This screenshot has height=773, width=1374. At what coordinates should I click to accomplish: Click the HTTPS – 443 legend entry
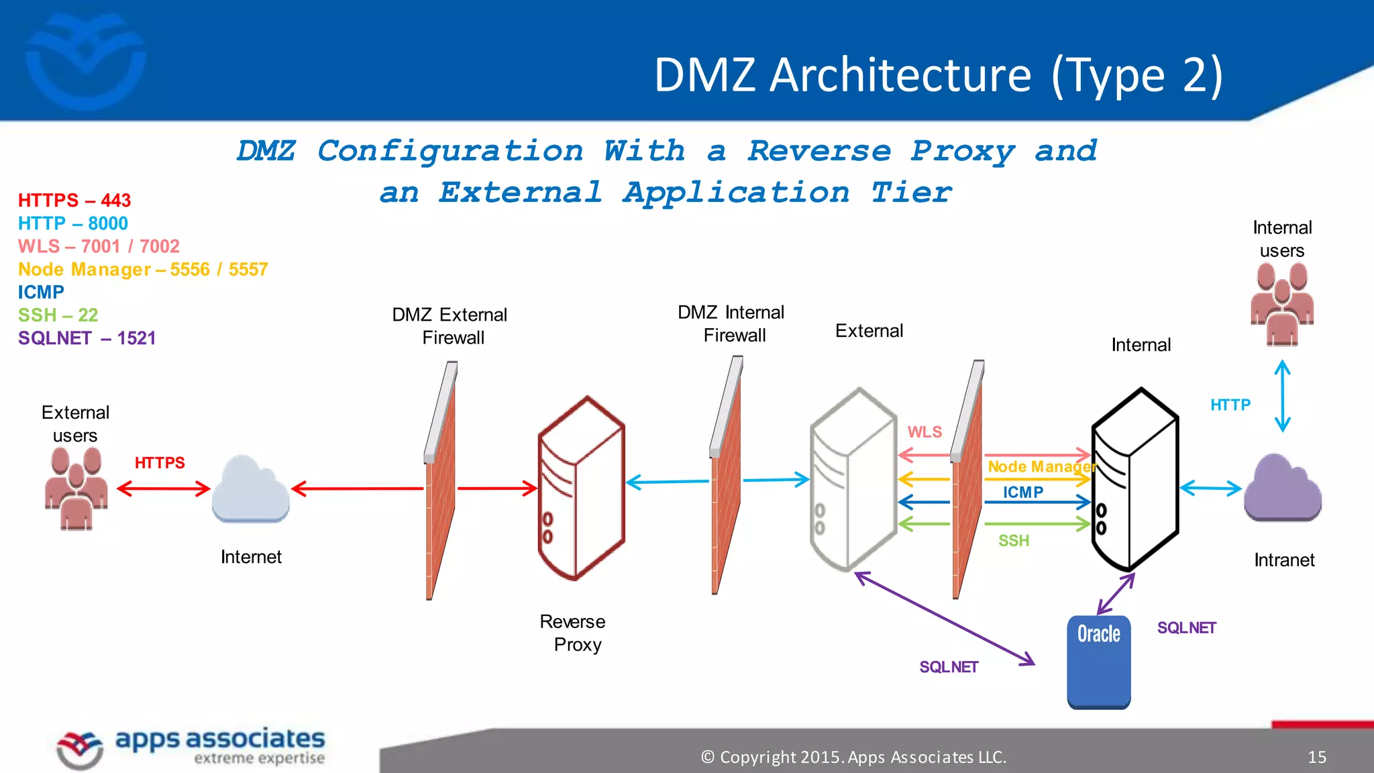coord(74,201)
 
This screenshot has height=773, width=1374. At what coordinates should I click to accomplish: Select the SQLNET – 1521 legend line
coord(87,338)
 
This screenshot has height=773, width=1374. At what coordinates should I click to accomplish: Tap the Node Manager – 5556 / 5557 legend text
coord(143,270)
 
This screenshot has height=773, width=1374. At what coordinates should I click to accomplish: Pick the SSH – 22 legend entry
coord(58,315)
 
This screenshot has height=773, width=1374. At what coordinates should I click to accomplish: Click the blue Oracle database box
coord(1098,662)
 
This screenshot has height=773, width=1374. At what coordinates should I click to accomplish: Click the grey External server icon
coord(853,480)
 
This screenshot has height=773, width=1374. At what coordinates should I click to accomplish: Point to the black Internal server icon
coord(1134,480)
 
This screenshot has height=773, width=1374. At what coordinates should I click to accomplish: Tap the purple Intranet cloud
coord(1282,489)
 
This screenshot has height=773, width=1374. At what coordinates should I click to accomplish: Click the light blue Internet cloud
coord(250,491)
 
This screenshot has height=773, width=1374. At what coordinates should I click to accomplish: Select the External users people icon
coord(76,488)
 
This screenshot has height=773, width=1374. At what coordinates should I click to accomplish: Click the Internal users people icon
coord(1281,304)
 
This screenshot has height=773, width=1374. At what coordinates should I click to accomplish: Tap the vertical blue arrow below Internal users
coord(1282,396)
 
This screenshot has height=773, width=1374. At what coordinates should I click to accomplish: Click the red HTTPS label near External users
coord(160,463)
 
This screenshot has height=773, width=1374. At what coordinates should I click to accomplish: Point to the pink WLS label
coord(924,432)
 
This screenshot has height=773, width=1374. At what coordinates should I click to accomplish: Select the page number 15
coord(1316,758)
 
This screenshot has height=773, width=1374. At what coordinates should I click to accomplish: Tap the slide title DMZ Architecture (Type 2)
coord(938,74)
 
